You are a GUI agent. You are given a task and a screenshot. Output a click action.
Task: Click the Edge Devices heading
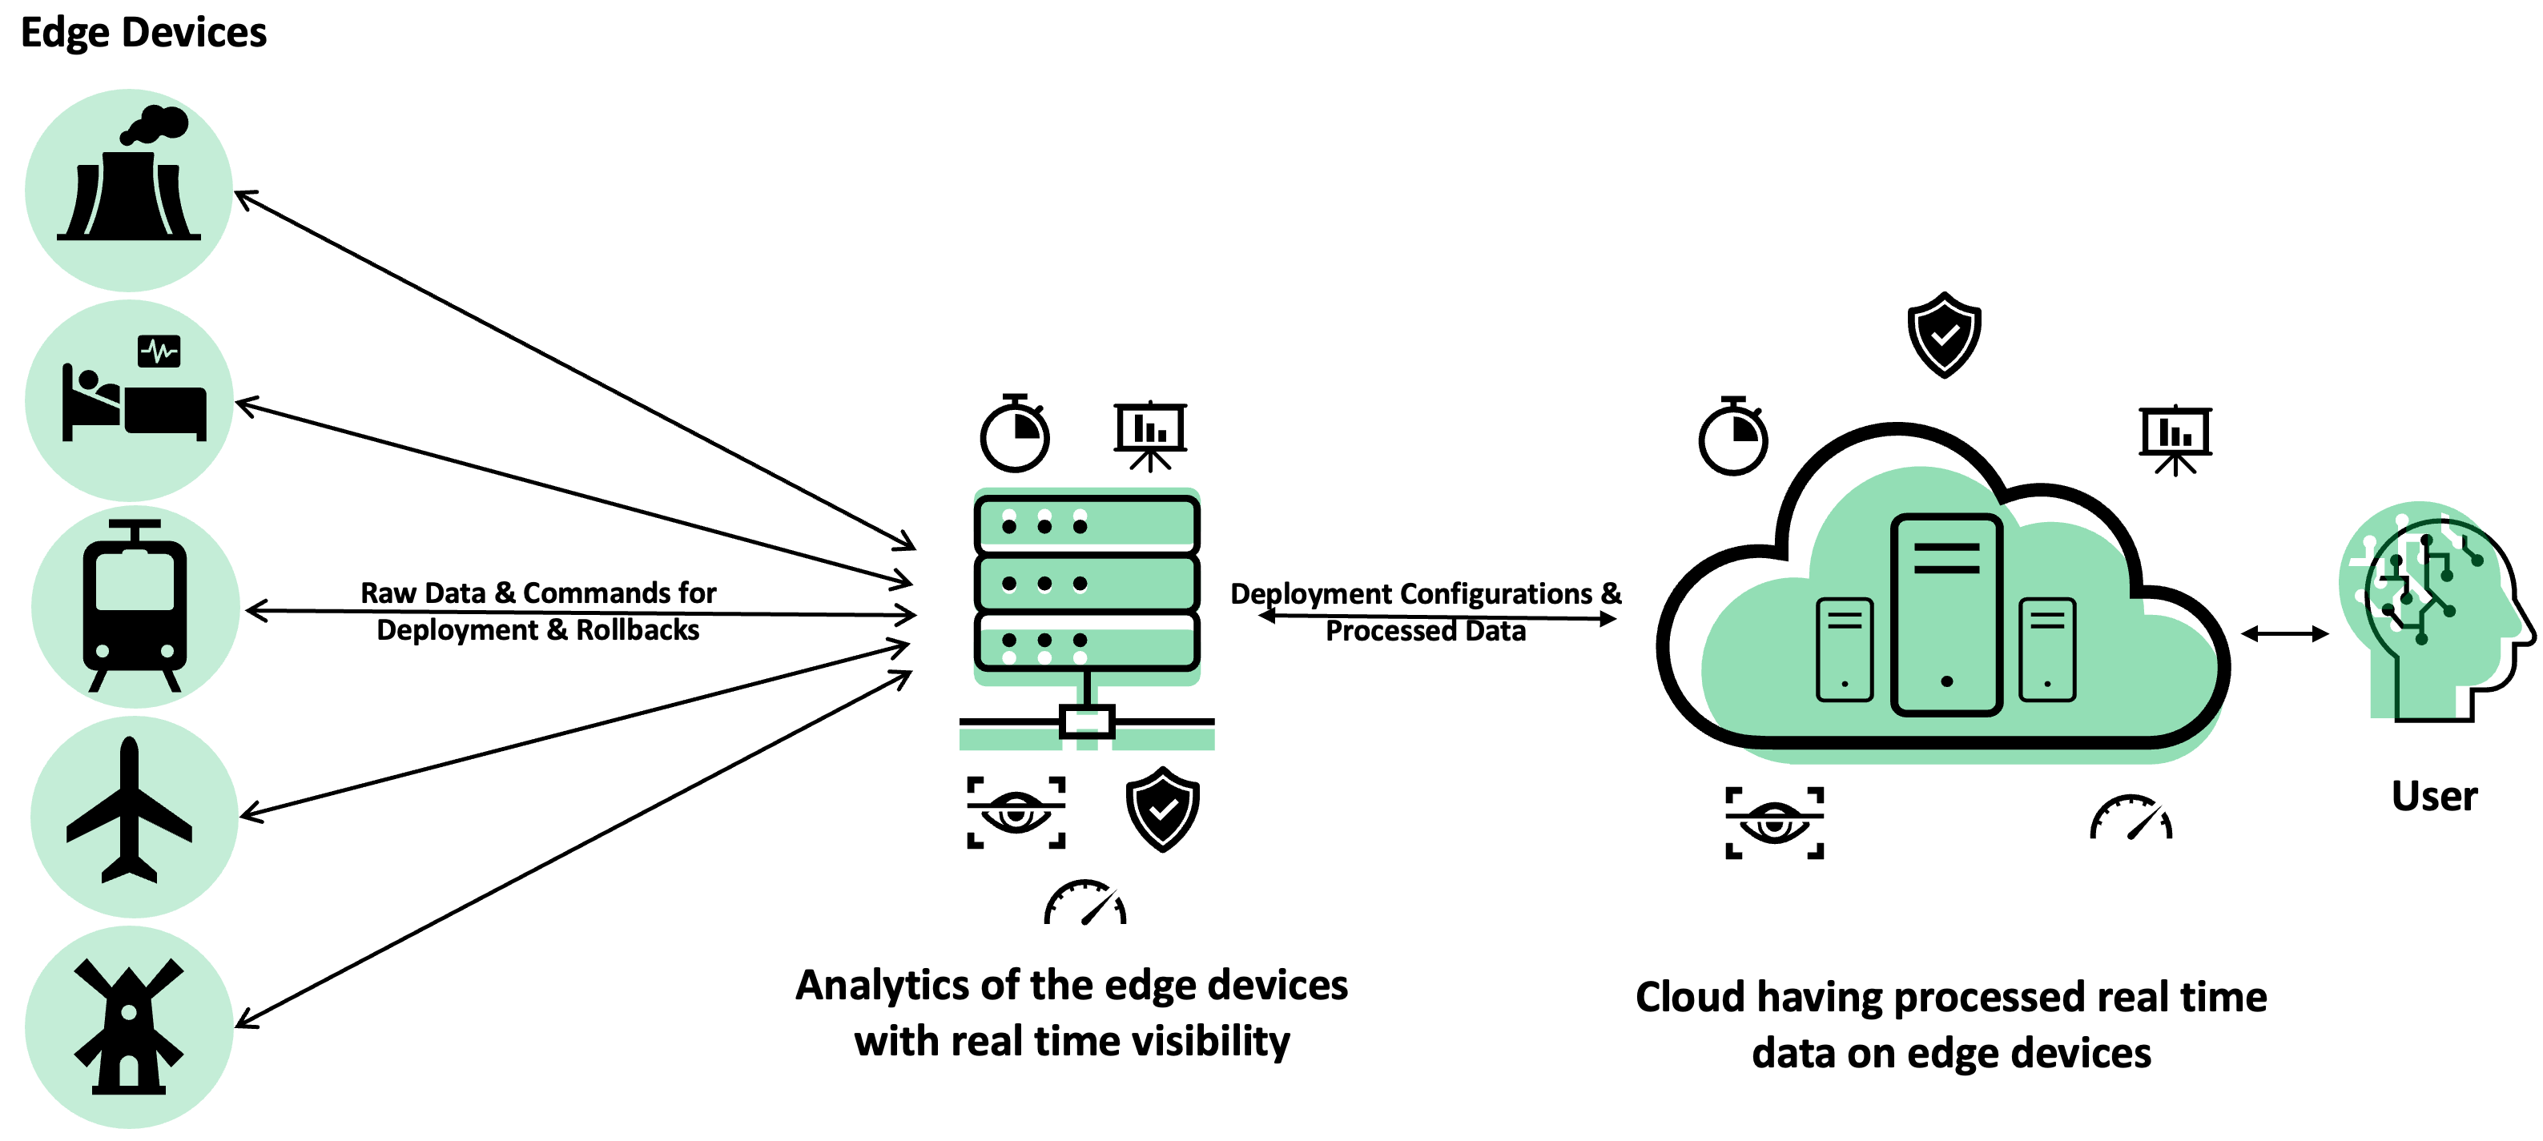click(143, 33)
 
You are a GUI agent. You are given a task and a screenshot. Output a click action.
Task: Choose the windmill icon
click(129, 1026)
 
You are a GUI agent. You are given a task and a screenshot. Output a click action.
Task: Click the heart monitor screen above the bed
click(159, 351)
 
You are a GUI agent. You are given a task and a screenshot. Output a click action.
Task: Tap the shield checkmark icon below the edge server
click(1163, 810)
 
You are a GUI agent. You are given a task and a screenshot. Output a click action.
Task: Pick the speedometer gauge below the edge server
click(1085, 902)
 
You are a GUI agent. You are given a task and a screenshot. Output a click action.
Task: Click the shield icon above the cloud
click(1944, 335)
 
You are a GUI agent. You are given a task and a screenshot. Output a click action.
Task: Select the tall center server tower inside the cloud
click(1945, 614)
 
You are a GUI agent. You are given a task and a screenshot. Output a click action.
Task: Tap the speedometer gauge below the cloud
click(2131, 818)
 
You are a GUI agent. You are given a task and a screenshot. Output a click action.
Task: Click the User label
click(2433, 796)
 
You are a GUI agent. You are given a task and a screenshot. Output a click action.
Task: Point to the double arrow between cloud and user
click(2284, 633)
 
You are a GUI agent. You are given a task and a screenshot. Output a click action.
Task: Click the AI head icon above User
click(2429, 612)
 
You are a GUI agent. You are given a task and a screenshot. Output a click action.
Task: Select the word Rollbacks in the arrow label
click(638, 629)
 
